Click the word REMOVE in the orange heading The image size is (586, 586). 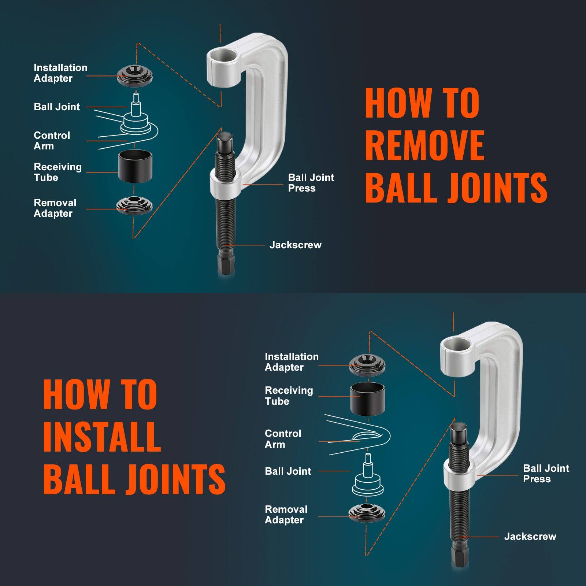tap(425, 145)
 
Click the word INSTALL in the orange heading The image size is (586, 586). tap(102, 437)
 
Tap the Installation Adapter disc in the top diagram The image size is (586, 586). tap(135, 75)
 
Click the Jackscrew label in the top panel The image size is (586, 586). tap(295, 245)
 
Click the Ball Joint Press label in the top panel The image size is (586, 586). tap(311, 183)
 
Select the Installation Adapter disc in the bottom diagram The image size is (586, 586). tap(367, 364)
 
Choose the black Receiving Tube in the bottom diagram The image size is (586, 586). tap(367, 399)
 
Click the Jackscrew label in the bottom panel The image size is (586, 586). tap(530, 537)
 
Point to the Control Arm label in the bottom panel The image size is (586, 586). tap(283, 439)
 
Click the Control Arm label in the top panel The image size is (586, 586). tap(52, 141)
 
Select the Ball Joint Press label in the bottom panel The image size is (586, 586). tap(546, 474)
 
